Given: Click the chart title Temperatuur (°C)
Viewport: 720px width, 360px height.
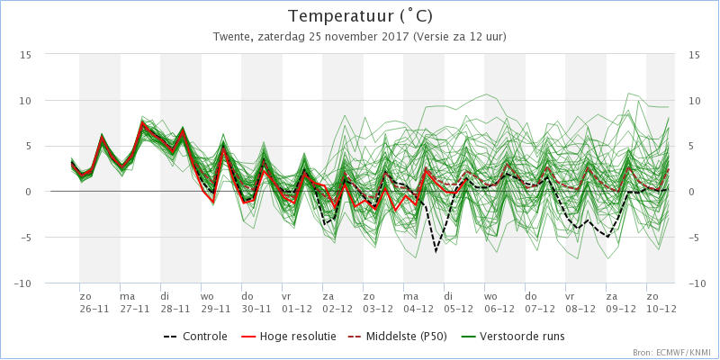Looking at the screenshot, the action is coord(360,17).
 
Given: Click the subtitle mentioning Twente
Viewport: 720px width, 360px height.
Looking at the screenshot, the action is coord(359,37).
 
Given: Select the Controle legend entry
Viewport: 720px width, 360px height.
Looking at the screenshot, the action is coord(195,337).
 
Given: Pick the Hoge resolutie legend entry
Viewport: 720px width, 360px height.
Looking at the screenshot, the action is coord(288,337).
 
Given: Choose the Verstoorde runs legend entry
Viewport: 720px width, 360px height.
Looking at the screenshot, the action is coord(512,337).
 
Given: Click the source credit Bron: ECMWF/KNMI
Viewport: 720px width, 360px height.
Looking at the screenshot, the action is coord(673,353).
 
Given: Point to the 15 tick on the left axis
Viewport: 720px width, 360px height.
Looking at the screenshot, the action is coord(26,55).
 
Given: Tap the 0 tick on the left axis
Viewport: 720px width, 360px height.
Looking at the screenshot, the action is coord(29,192).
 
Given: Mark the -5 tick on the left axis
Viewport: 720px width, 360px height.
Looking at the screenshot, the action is coord(25,238).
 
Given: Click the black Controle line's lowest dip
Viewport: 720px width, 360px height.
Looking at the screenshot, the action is coord(436,252).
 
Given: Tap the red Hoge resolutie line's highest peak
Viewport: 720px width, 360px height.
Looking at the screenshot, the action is coord(143,122).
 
